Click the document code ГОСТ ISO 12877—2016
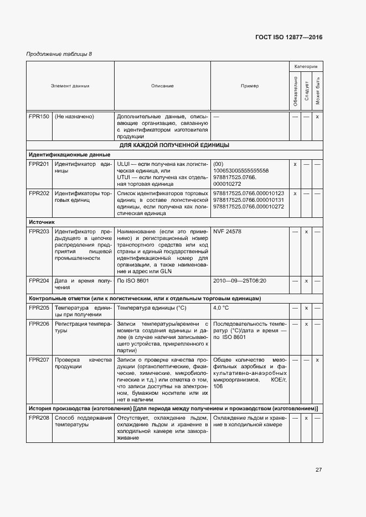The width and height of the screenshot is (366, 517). [288, 38]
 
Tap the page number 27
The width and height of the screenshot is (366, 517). [318, 469]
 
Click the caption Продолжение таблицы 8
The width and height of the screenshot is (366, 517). [59, 54]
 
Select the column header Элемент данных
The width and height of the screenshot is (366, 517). [70, 86]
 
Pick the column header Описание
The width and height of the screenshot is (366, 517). [162, 86]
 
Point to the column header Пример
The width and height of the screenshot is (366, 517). [249, 86]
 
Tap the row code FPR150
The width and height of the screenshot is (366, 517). [39, 117]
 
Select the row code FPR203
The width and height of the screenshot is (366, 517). [39, 231]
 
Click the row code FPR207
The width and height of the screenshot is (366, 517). [39, 359]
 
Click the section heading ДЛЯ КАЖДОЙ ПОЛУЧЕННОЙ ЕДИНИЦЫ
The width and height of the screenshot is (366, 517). [174, 145]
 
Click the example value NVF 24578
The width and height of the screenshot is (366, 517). [227, 231]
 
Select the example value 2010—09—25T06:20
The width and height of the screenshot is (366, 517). [239, 281]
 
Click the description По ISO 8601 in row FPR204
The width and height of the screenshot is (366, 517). [133, 281]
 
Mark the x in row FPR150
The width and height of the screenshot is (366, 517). [317, 117]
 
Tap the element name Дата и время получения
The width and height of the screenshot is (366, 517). [83, 284]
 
